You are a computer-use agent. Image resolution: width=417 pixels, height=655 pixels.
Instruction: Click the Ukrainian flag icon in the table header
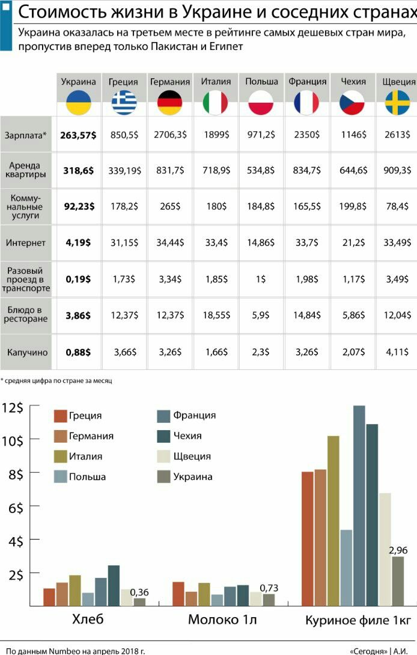(x=78, y=103)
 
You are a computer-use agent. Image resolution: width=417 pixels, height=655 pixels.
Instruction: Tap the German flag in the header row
(x=170, y=103)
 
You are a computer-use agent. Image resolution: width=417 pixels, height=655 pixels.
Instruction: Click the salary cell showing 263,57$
(x=78, y=135)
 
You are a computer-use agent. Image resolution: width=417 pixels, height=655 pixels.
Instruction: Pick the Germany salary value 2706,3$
(x=170, y=135)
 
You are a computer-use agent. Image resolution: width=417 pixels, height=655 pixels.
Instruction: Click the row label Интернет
(x=26, y=243)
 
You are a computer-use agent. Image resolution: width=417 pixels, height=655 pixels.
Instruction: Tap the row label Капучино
(x=26, y=352)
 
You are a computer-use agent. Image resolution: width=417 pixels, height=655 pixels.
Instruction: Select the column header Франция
(x=307, y=82)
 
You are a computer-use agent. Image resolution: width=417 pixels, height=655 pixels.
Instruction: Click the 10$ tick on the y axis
(x=13, y=440)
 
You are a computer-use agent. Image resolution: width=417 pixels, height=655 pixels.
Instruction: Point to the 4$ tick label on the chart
(x=13, y=541)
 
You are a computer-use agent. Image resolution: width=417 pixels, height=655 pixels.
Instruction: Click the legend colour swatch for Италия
(x=60, y=457)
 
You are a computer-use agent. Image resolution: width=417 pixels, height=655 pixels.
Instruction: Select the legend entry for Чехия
(x=187, y=435)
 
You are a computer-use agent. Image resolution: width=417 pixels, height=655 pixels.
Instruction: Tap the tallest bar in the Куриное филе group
(x=359, y=505)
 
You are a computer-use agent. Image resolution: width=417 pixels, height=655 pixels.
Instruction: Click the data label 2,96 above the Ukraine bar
(x=398, y=550)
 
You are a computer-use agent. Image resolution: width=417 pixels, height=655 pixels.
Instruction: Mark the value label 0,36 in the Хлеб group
(x=139, y=592)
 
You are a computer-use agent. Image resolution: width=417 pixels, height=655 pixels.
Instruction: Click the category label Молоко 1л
(x=222, y=620)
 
